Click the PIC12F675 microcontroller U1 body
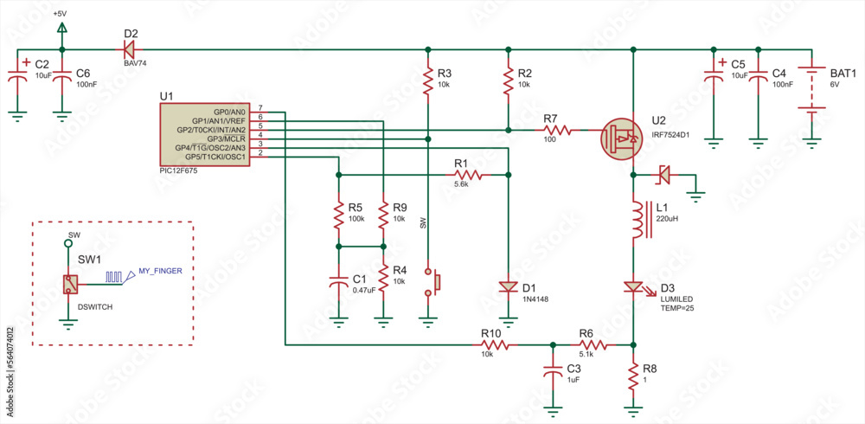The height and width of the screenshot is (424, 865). coord(204,134)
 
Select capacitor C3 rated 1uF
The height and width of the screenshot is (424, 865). coord(552,370)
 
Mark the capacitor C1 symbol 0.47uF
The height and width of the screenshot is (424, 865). coord(339,282)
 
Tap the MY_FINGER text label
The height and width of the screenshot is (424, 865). coord(160,271)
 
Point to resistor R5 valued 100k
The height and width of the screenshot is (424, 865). coord(339,215)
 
